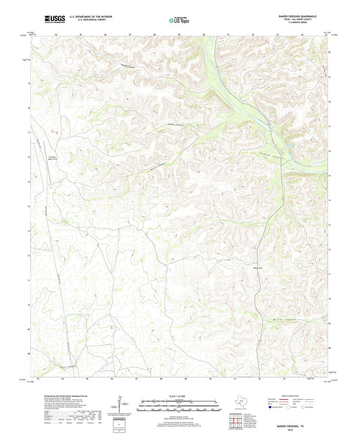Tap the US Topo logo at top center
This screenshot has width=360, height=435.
(x=180, y=21)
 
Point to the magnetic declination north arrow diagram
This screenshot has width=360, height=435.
(x=120, y=405)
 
